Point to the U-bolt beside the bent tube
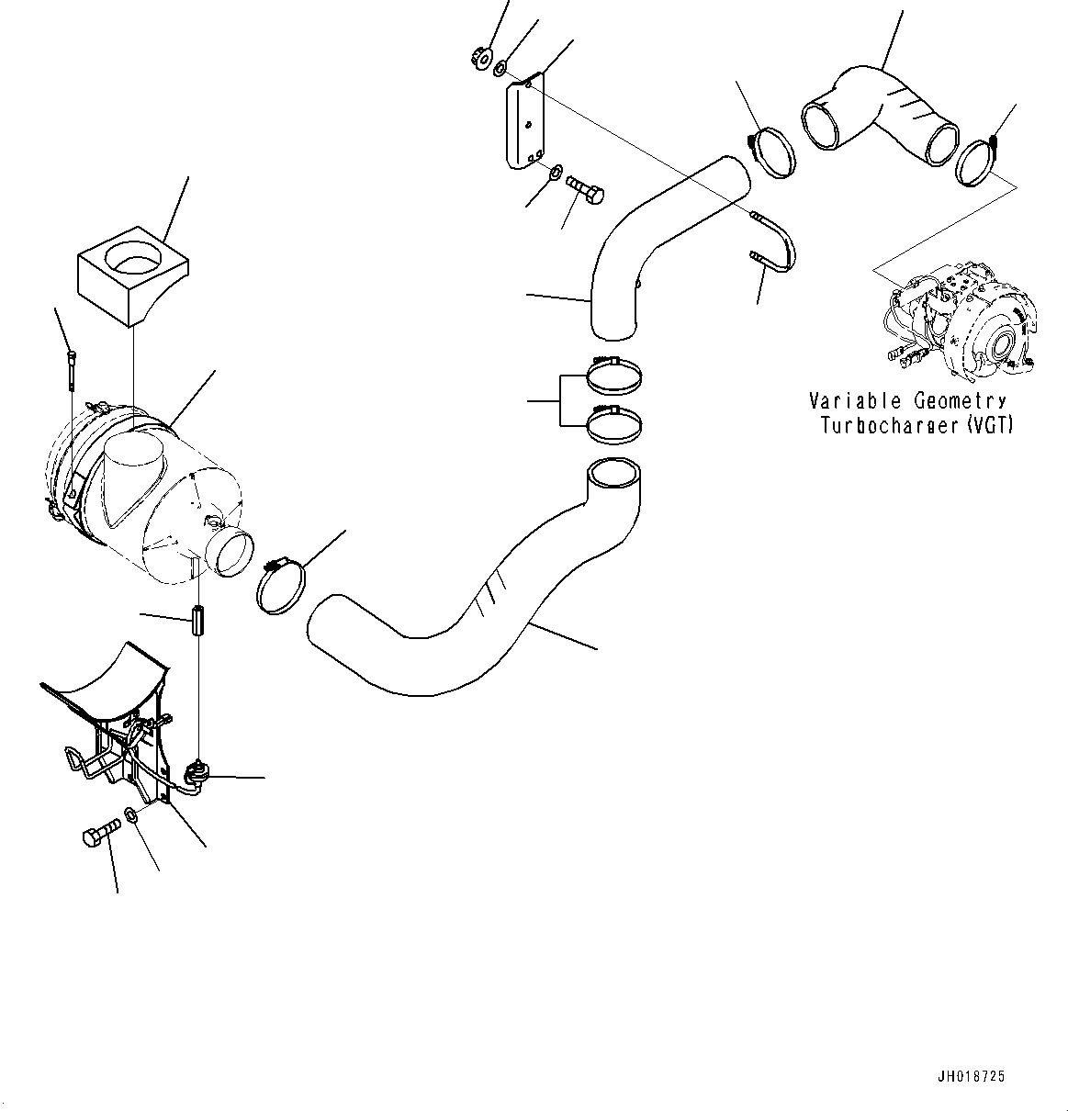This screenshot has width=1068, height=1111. (776, 244)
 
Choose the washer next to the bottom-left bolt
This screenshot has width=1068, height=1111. (131, 815)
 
